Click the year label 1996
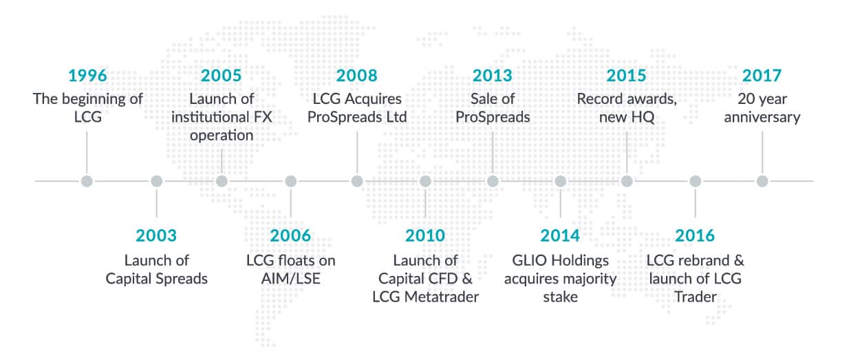click(87, 76)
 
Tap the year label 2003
click(156, 235)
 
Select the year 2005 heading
click(222, 76)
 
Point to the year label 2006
click(290, 235)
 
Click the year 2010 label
click(425, 235)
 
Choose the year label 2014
click(560, 235)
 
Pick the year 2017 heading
click(762, 76)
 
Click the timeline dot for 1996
click(87, 181)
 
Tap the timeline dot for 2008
click(357, 181)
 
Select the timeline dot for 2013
click(493, 181)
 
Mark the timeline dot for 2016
click(695, 181)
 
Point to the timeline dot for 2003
click(156, 181)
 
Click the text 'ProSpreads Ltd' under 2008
click(357, 117)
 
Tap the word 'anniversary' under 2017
click(762, 117)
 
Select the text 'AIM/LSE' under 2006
click(290, 279)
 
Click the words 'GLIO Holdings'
click(560, 261)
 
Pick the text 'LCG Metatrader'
click(425, 297)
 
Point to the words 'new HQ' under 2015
click(627, 117)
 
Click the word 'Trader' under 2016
click(695, 297)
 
